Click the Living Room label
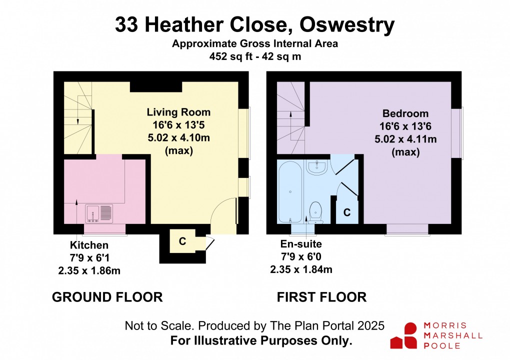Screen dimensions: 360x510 (x=178, y=112)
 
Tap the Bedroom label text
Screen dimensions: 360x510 (x=405, y=113)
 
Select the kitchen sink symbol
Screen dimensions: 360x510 (x=99, y=213)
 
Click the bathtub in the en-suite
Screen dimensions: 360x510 (x=290, y=192)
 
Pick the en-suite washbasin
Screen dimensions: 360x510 (x=316, y=167)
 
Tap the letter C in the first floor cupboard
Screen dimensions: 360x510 (x=346, y=212)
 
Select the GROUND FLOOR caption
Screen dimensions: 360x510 (x=107, y=297)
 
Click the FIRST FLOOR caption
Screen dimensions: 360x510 (x=322, y=297)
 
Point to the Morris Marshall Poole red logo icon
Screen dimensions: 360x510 (x=403, y=335)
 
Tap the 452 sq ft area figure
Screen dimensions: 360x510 (x=231, y=56)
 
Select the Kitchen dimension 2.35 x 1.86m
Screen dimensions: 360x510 (x=89, y=270)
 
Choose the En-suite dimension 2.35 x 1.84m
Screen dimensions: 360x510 (x=301, y=269)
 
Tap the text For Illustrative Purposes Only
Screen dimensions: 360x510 (x=261, y=341)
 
